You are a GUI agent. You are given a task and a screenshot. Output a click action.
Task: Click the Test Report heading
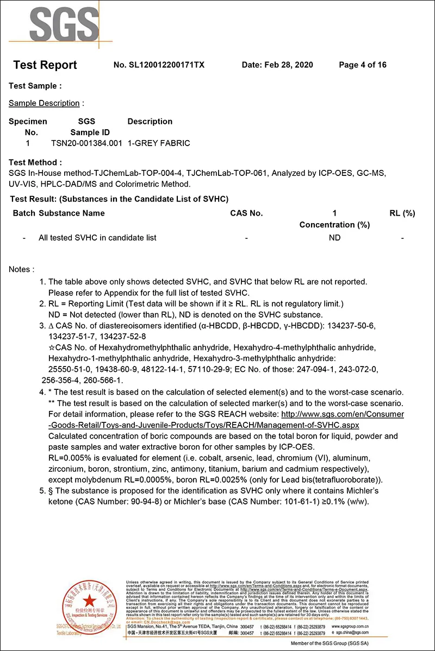(45, 65)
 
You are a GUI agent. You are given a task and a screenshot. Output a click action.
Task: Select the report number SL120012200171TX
(159, 65)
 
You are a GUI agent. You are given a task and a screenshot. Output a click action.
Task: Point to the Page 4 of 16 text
(362, 65)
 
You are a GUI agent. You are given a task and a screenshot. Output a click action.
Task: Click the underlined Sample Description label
(44, 103)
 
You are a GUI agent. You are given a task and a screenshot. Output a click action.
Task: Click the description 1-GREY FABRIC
(159, 143)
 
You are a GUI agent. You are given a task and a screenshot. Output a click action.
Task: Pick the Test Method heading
(35, 162)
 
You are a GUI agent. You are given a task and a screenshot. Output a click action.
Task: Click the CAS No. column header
(246, 213)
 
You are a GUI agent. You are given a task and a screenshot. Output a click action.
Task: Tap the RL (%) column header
(402, 213)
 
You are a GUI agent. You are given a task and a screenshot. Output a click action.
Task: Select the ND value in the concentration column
(334, 238)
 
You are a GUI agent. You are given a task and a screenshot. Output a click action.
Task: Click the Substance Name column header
(71, 213)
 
